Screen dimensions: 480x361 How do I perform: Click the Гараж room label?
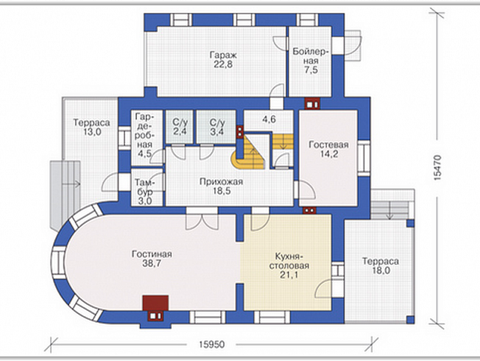point(223,55)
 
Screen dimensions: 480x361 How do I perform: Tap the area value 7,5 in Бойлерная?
point(310,70)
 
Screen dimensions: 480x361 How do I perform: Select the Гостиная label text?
point(151,254)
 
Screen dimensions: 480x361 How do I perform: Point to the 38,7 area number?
point(151,263)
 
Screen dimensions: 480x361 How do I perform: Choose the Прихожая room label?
point(221,181)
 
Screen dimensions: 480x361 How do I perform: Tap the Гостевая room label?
point(329,145)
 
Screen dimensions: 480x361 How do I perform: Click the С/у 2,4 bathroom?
point(179,127)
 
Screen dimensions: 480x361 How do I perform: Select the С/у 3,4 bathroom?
point(216,127)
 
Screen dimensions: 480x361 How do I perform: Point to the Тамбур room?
point(147,187)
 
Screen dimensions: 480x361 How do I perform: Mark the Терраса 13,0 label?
point(91,127)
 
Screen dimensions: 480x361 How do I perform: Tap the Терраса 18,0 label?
point(380,265)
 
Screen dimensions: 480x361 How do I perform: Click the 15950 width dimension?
point(211,344)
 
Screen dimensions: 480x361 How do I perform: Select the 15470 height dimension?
point(438,168)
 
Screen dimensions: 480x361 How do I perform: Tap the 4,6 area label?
point(269,119)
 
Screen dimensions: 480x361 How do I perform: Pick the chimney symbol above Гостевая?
point(312,104)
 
